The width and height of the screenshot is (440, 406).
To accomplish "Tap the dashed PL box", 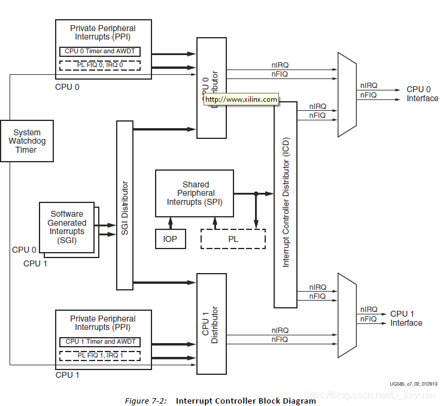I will point(233,239).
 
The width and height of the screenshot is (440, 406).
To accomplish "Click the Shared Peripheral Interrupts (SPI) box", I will point(194,193).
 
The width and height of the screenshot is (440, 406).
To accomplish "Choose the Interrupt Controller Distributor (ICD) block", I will point(286,204).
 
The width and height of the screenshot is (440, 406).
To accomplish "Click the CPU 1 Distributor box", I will point(211,323).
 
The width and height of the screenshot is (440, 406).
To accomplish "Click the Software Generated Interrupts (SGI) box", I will point(67,228).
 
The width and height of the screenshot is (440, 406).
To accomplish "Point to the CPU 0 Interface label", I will point(422,94).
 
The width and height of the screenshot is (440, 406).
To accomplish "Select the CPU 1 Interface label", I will point(406,319).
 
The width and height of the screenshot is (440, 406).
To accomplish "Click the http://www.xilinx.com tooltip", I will point(242,99).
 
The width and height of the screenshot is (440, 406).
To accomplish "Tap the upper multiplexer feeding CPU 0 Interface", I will point(347,94).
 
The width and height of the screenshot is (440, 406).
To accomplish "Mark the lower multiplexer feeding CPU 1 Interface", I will point(347,314).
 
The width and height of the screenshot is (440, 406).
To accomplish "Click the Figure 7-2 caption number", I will point(146,401).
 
